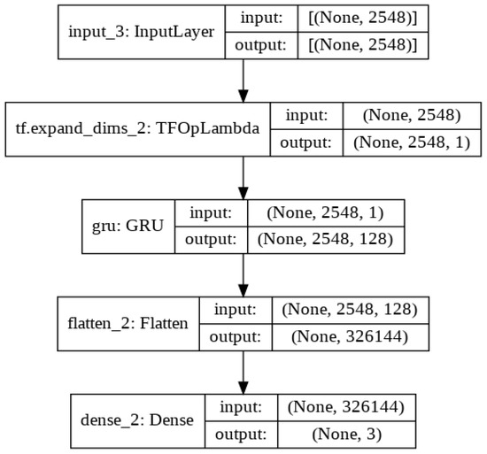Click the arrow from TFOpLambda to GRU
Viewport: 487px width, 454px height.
click(x=242, y=176)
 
